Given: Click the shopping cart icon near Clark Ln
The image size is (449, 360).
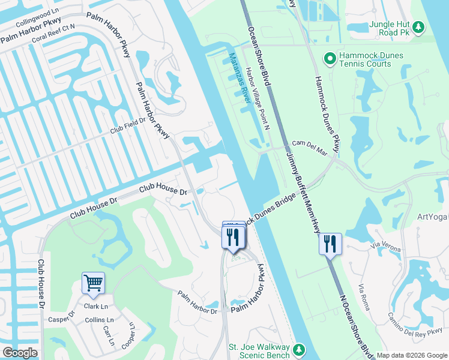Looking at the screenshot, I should tap(93, 283).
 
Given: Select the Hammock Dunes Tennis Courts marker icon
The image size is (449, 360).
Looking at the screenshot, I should tap(329, 59).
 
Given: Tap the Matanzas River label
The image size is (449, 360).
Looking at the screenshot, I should tap(239, 79).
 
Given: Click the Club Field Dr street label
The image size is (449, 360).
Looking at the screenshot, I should tap(127, 125).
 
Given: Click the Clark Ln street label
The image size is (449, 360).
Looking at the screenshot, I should tap(95, 306).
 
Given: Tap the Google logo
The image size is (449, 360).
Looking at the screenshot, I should tap(20, 352).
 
